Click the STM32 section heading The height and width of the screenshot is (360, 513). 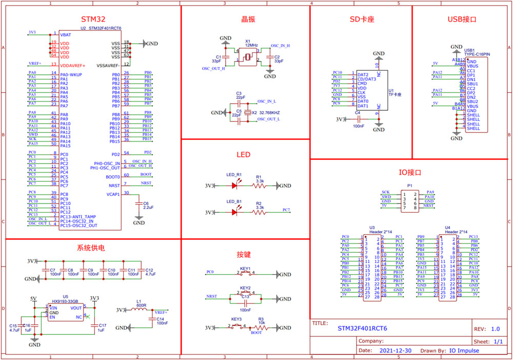tap(93, 19)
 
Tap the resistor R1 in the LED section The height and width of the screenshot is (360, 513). tap(259, 186)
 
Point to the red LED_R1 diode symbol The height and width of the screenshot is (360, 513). tap(234, 186)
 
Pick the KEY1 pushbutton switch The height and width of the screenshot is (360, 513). tap(245, 274)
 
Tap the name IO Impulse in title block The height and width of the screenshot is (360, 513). tap(465, 351)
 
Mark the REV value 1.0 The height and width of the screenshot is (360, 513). tap(496, 329)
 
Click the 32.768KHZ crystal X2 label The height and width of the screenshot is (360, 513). tap(269, 112)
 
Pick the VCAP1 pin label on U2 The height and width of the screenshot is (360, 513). tap(113, 194)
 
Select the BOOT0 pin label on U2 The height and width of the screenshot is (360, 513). tap(113, 176)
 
